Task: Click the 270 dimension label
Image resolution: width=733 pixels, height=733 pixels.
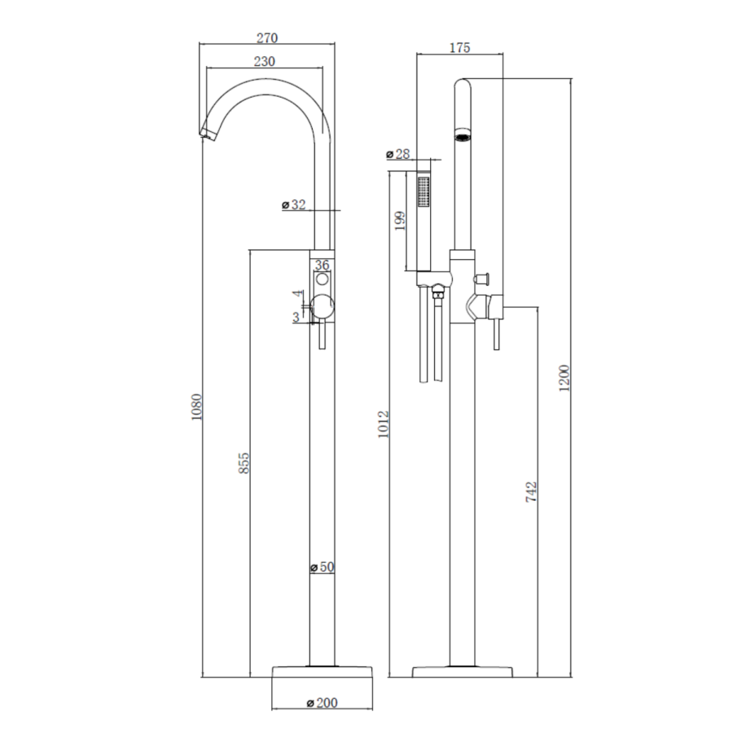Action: click(267, 38)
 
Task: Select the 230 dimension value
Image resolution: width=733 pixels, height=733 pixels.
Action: click(264, 61)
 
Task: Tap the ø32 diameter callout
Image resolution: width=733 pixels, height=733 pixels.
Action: click(294, 205)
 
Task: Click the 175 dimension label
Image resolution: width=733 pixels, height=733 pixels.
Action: click(459, 48)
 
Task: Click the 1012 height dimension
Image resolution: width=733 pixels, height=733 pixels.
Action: click(384, 424)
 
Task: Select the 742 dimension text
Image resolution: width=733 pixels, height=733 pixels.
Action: click(532, 494)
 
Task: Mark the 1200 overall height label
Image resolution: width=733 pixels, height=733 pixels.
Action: click(564, 376)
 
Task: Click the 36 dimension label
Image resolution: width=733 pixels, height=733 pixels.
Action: click(322, 265)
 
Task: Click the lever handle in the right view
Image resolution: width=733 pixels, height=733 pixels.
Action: click(494, 334)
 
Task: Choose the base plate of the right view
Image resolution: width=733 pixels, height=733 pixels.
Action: click(463, 672)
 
